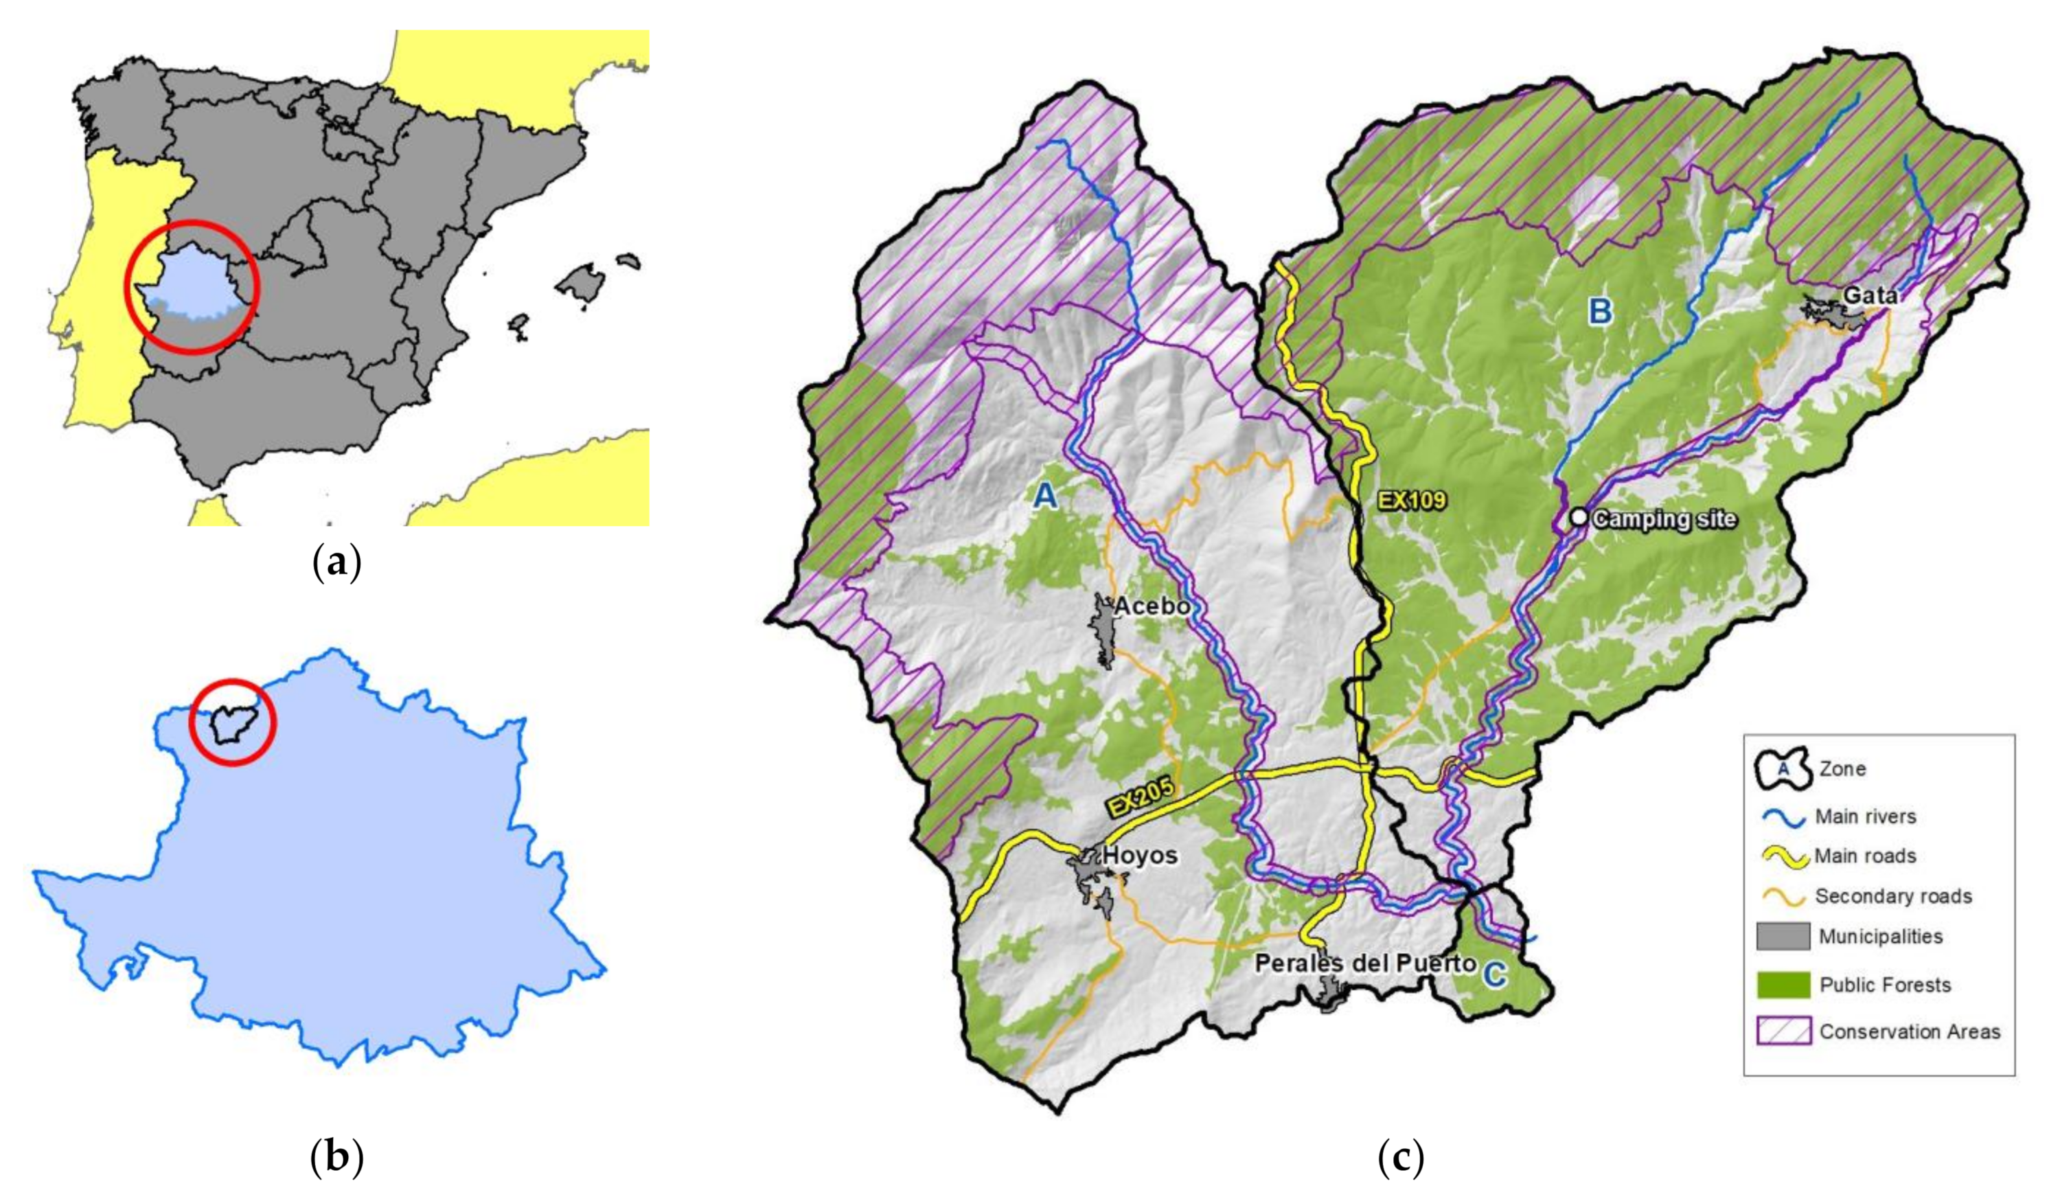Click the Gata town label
[1870, 296]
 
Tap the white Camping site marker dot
[1579, 517]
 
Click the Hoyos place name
[1140, 856]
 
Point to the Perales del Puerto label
[1365, 963]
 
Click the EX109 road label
[1412, 500]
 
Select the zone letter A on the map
[1046, 495]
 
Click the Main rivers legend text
[1866, 817]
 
